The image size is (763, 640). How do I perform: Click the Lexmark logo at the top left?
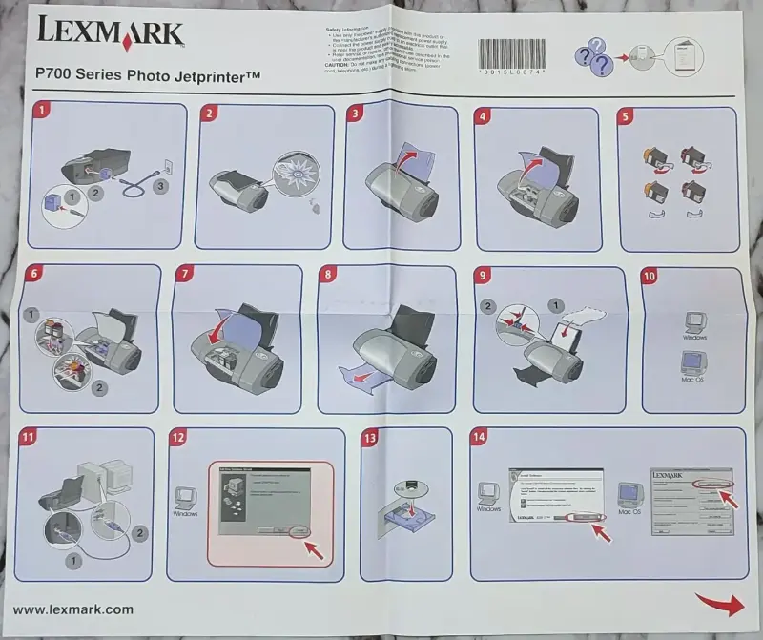pos(110,34)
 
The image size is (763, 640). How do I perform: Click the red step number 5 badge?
pos(626,116)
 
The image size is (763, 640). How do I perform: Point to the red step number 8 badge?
pos(330,275)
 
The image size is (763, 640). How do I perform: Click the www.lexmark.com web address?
pos(72,609)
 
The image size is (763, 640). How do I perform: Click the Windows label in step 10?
pos(693,338)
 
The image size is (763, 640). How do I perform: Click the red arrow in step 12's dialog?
pos(315,548)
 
